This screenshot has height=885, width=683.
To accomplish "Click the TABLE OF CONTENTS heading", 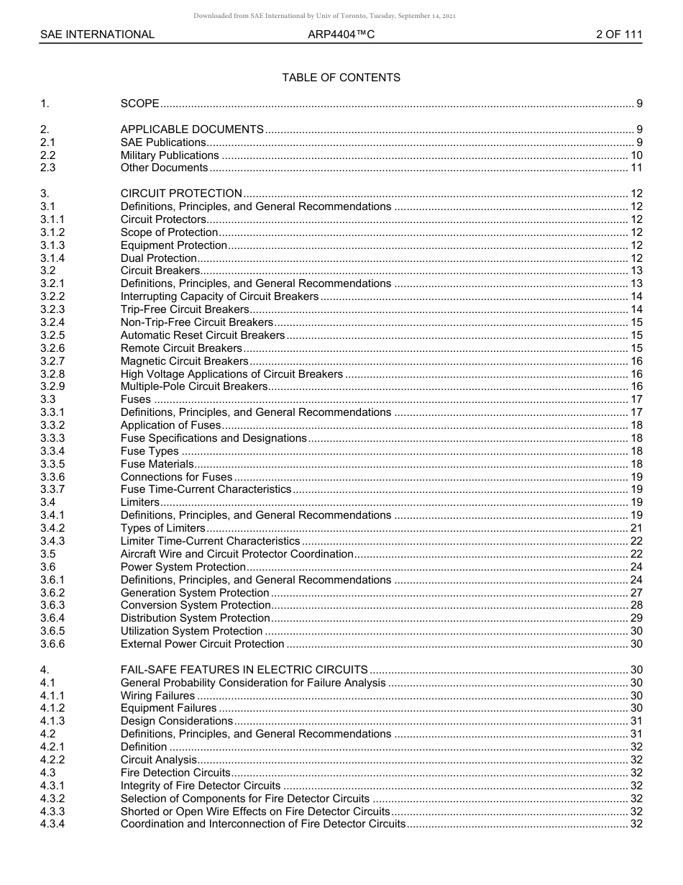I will (x=341, y=78).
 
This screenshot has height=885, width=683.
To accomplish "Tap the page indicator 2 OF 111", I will (x=618, y=34).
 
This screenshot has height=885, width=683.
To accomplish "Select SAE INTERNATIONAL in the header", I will (x=97, y=34).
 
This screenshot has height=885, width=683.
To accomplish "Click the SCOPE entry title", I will (x=139, y=104).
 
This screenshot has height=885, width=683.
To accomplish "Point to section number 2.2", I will (x=47, y=155).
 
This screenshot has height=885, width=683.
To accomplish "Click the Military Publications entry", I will (x=170, y=155).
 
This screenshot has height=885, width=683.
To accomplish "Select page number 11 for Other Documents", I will (x=636, y=168).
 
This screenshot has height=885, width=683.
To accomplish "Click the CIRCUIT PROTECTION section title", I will (x=181, y=194).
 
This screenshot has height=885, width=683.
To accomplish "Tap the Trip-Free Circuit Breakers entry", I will (x=185, y=309).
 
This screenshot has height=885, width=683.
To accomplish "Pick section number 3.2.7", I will (x=52, y=361).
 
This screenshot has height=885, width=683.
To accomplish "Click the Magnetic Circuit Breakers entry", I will (x=184, y=361).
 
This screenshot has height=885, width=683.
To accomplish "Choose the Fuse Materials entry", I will (x=157, y=464).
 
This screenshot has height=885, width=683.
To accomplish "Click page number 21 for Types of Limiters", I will (x=636, y=528).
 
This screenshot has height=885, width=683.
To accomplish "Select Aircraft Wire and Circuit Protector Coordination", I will (x=237, y=554).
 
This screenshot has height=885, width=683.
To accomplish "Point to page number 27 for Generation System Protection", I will (x=636, y=593).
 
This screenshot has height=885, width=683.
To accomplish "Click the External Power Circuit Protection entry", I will (x=202, y=644).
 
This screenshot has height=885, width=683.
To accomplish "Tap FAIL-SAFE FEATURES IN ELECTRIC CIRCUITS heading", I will (x=244, y=670).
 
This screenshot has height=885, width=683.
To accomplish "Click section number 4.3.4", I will (x=52, y=824).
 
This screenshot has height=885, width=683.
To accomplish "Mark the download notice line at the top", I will (x=324, y=16).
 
